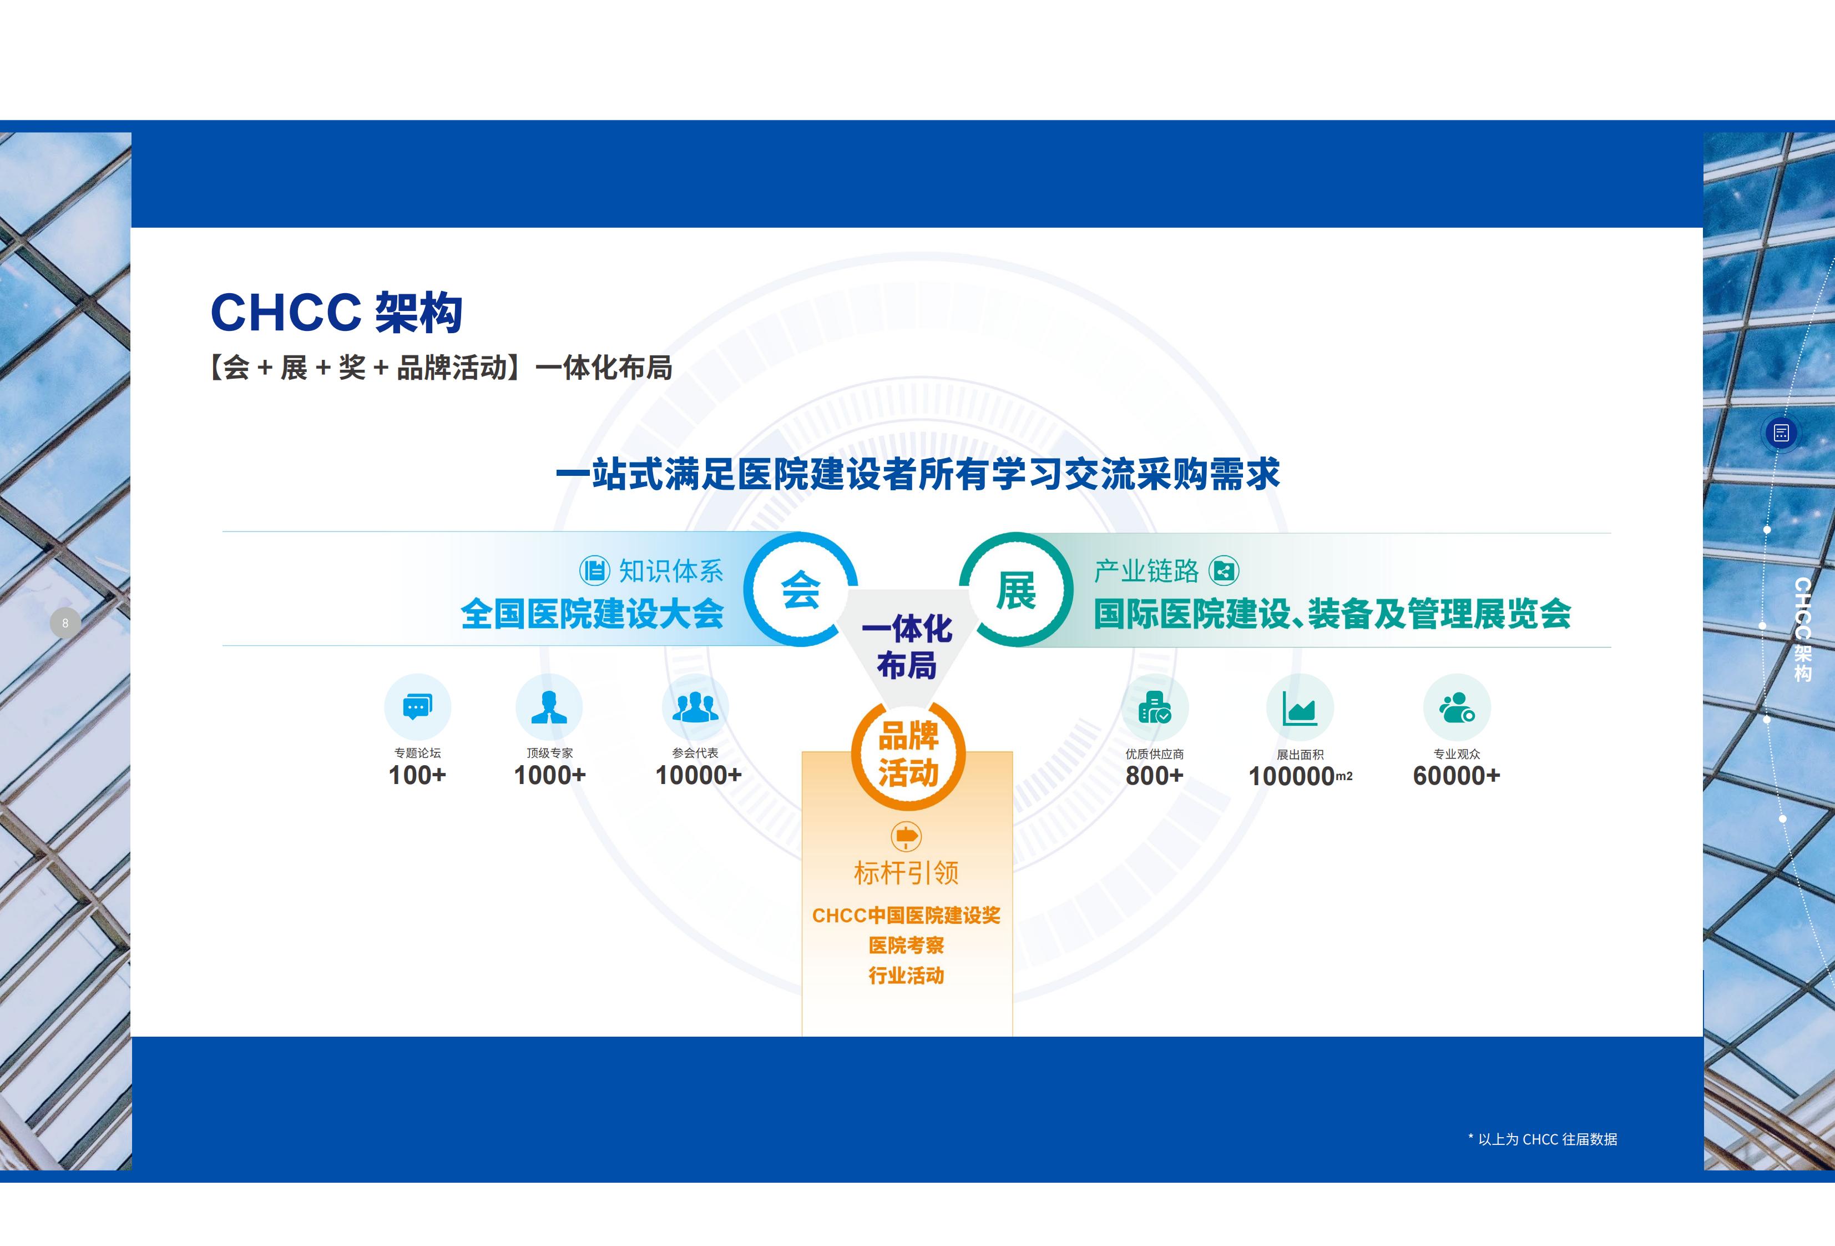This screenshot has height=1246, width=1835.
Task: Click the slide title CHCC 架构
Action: click(336, 313)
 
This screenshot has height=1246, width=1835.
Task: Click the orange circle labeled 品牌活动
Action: click(908, 755)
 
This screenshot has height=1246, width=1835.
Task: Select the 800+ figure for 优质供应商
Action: click(1154, 776)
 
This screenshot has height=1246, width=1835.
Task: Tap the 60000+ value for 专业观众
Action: click(1456, 776)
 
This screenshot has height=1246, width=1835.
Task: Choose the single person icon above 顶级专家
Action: click(549, 706)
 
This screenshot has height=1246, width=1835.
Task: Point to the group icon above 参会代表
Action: click(695, 706)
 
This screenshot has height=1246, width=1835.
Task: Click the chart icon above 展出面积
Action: click(1300, 707)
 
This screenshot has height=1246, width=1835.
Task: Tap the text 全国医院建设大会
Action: click(592, 614)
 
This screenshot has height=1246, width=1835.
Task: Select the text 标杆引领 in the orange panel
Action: click(907, 873)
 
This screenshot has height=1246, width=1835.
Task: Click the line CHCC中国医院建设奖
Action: click(907, 916)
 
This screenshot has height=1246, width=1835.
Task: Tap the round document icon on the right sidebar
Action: click(1781, 433)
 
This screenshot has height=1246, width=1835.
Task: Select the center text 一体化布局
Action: click(907, 647)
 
